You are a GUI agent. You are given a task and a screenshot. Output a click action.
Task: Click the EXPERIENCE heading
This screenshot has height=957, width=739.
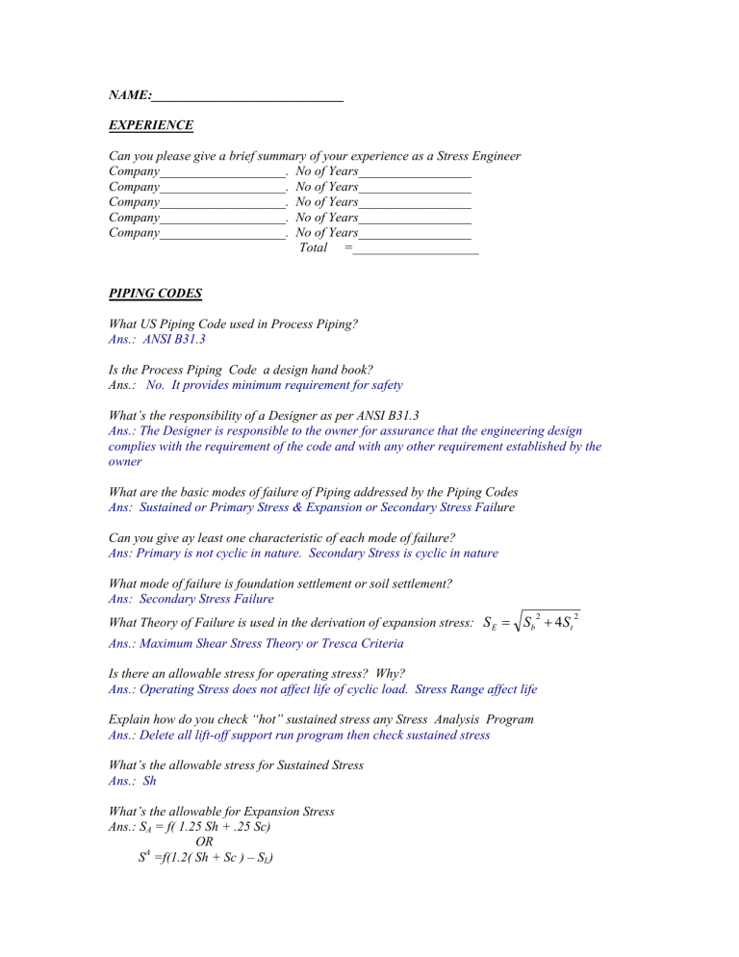pyautogui.click(x=151, y=125)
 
